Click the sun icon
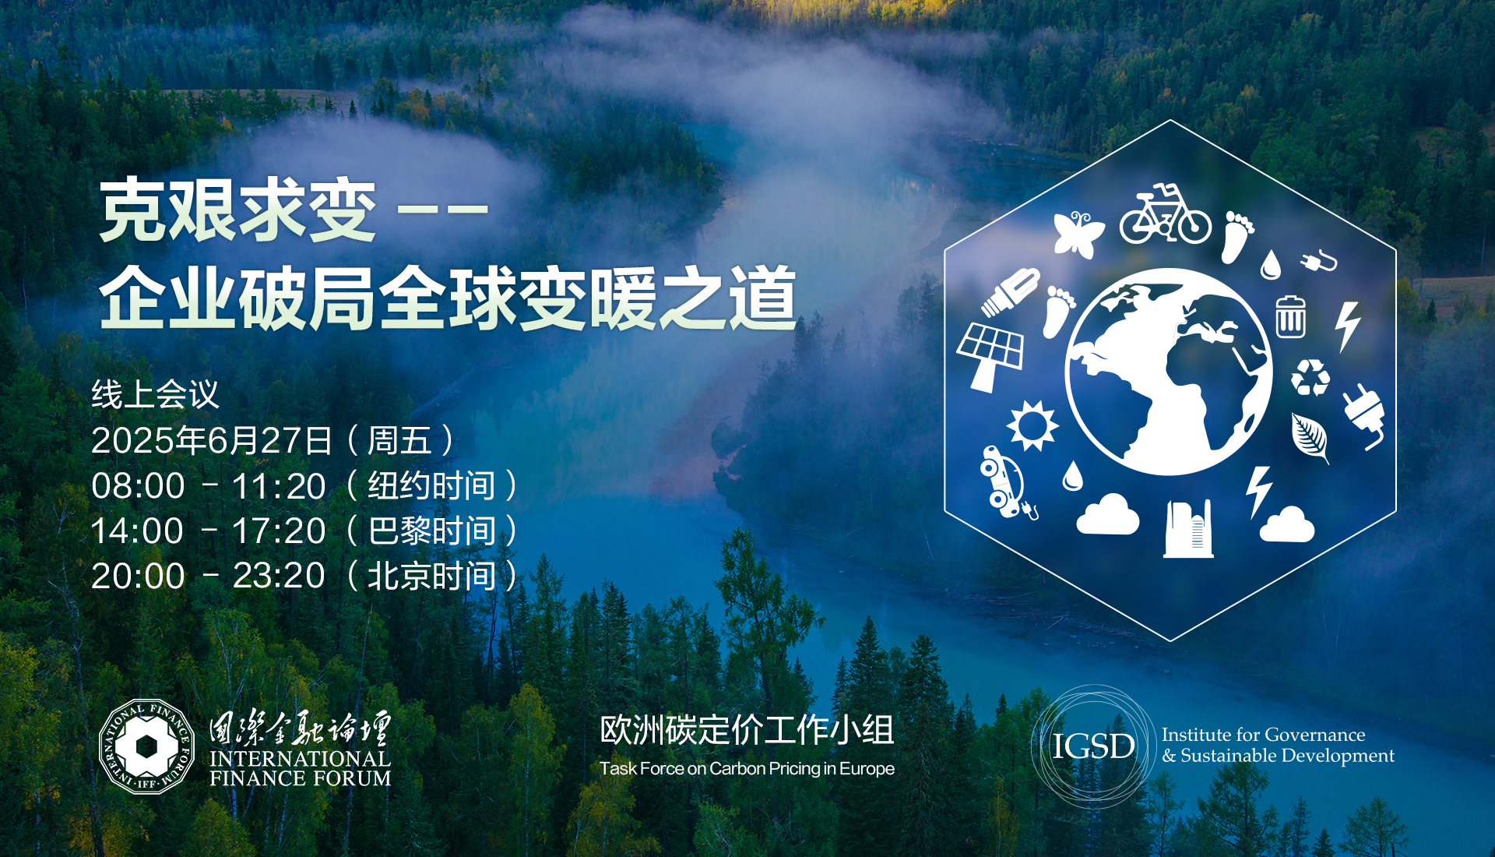click(x=1032, y=425)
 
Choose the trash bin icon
click(x=1290, y=316)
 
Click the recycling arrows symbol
click(x=1310, y=377)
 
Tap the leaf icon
click(x=1310, y=438)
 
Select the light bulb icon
click(x=1010, y=292)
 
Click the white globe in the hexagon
click(x=1168, y=372)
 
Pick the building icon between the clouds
click(x=1188, y=529)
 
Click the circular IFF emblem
click(x=146, y=746)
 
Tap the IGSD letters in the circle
click(x=1093, y=746)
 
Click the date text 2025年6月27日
click(x=212, y=440)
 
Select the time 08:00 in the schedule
click(x=138, y=485)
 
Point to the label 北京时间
click(x=431, y=577)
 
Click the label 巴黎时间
click(x=431, y=531)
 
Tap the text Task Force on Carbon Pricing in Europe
click(x=747, y=769)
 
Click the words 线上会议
click(x=155, y=394)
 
